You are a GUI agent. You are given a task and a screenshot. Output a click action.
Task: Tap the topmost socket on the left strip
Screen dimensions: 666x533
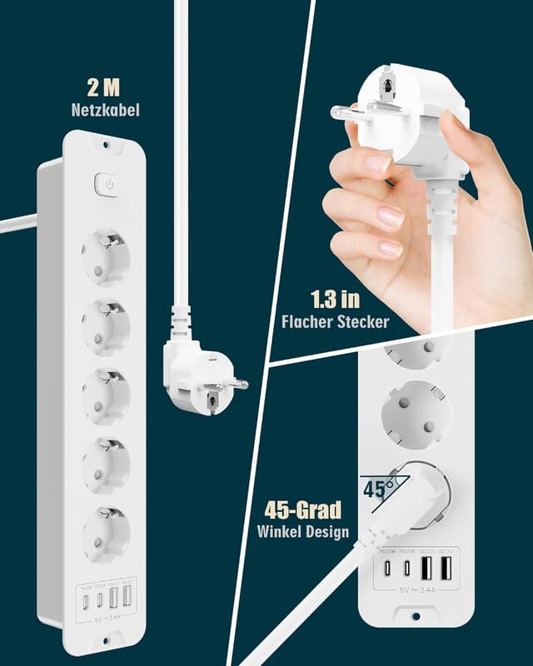pyautogui.click(x=105, y=257)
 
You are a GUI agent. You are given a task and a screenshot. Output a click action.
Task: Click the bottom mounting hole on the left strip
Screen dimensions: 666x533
pyautogui.click(x=105, y=644)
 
